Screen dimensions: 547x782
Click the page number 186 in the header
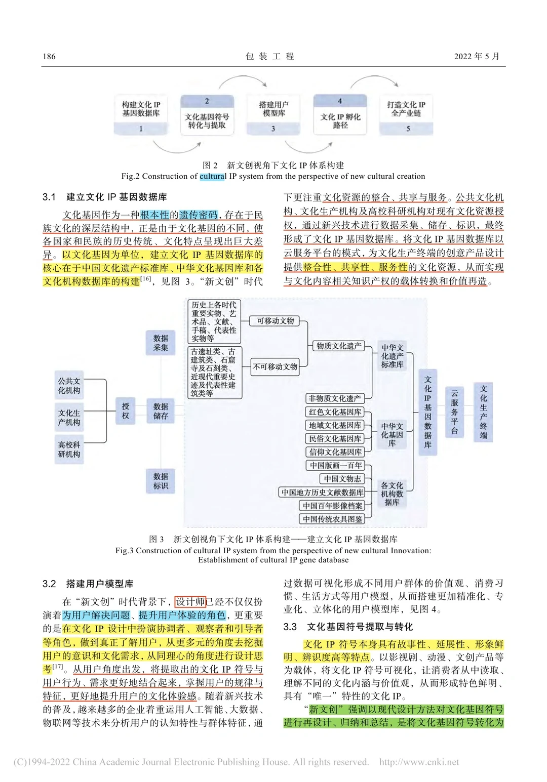(x=49, y=56)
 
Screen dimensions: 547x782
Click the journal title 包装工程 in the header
(x=270, y=56)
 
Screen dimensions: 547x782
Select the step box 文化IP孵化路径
(x=340, y=115)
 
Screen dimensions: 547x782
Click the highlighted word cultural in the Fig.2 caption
(x=213, y=176)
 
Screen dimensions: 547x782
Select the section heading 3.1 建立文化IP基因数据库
(x=105, y=197)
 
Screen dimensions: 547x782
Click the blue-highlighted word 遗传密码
(x=199, y=215)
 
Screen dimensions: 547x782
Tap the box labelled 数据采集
(x=161, y=343)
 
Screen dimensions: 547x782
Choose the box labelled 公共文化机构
(x=69, y=386)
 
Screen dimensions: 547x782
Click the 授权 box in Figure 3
(x=126, y=410)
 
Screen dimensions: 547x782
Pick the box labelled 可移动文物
(x=275, y=321)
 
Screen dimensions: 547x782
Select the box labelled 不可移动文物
(x=275, y=366)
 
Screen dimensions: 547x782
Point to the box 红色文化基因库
(x=335, y=412)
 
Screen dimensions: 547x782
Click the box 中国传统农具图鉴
(x=332, y=519)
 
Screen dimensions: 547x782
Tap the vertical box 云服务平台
(x=454, y=413)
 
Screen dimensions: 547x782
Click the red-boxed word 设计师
(x=190, y=601)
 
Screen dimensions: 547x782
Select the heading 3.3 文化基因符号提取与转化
(x=348, y=627)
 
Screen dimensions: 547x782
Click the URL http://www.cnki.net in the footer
(x=419, y=762)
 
